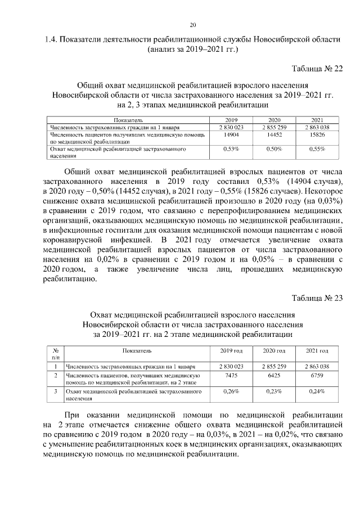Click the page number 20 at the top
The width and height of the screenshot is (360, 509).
[192, 25]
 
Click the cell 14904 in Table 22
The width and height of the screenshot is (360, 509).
[231, 135]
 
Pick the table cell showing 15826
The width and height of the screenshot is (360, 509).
[317, 135]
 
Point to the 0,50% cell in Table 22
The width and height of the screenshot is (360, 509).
[274, 149]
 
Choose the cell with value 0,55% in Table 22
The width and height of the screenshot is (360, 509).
[317, 149]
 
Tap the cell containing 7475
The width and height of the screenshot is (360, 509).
[231, 376]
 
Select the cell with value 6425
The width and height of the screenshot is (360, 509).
[274, 376]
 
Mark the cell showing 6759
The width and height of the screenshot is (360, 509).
[317, 376]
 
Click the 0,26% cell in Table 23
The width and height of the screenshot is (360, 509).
[231, 391]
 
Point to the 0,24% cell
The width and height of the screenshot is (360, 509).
[317, 391]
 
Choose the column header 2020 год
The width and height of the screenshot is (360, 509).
[274, 351]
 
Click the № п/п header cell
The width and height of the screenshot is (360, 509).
[55, 353]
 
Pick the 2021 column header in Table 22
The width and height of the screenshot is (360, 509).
[317, 120]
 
